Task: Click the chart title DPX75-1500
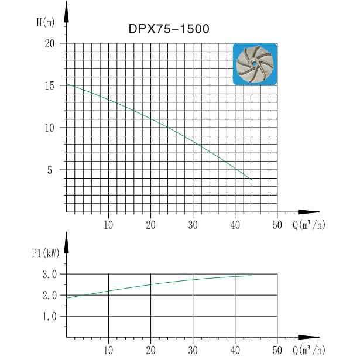[x=169, y=28]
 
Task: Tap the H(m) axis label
[x=45, y=23]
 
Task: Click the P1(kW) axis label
[x=44, y=253]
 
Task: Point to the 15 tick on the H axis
[x=49, y=85]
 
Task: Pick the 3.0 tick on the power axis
[x=49, y=274]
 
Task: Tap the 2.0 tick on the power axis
[x=49, y=295]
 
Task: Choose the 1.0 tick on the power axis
[x=49, y=316]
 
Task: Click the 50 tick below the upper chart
[x=277, y=224]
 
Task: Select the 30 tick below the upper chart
[x=193, y=224]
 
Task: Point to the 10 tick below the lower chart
[x=108, y=349]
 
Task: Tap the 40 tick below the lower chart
[x=235, y=349]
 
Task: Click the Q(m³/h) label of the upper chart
[x=308, y=225]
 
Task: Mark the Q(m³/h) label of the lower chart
[x=308, y=350]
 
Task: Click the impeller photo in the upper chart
[x=255, y=64]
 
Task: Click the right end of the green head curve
[x=252, y=179]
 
